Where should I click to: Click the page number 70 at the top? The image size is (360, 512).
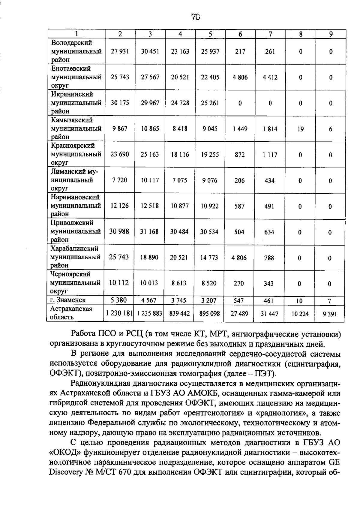click(195, 17)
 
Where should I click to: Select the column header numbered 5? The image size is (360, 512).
click(210, 34)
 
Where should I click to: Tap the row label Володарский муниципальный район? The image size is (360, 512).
click(76, 51)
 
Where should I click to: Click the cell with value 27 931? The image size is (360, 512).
click(120, 51)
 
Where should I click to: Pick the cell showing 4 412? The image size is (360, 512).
click(270, 77)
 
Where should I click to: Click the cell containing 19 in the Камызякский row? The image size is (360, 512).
click(300, 129)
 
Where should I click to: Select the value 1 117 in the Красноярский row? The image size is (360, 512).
click(270, 155)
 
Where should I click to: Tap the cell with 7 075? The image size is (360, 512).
click(180, 180)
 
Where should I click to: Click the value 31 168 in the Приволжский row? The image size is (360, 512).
click(149, 232)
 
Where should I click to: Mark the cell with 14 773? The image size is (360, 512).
click(209, 258)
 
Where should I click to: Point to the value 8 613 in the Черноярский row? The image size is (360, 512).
click(179, 283)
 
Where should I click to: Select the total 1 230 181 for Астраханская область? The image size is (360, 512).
click(119, 314)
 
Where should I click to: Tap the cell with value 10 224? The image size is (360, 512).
click(300, 314)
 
